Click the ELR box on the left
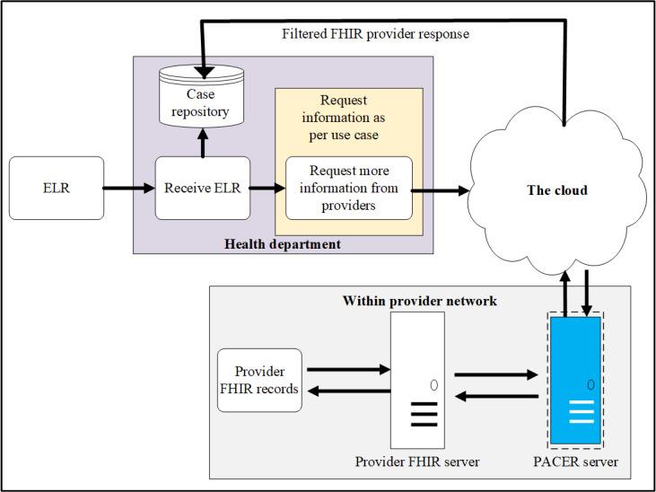click(56, 189)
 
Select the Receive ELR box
click(203, 189)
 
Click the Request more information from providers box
click(348, 189)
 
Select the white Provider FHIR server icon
click(417, 380)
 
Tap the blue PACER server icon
click(584, 380)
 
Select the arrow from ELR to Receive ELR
click(129, 189)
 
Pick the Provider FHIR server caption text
click(417, 461)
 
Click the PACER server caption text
click(584, 461)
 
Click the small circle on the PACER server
click(590, 384)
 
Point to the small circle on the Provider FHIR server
click(433, 385)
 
